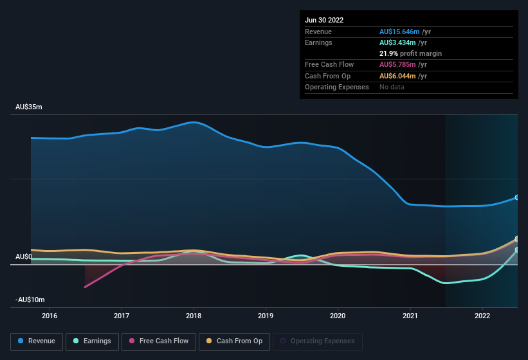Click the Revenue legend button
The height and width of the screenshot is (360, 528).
(37, 341)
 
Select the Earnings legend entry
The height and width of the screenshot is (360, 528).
(92, 341)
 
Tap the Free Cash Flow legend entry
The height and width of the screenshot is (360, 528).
(158, 341)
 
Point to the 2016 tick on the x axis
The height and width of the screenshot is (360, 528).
(50, 316)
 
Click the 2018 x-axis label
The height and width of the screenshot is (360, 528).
(194, 316)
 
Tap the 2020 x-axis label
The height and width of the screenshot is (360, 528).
(338, 316)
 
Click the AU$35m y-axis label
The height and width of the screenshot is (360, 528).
(29, 107)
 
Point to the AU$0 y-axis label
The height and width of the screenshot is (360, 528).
(24, 257)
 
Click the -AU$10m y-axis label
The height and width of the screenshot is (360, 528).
(30, 300)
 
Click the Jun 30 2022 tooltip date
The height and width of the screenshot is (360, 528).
(324, 20)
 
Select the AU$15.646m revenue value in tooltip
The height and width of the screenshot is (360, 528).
(399, 32)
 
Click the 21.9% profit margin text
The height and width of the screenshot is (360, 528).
(410, 53)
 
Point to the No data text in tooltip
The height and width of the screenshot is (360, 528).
(392, 87)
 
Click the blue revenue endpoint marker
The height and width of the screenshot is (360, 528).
(517, 197)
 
